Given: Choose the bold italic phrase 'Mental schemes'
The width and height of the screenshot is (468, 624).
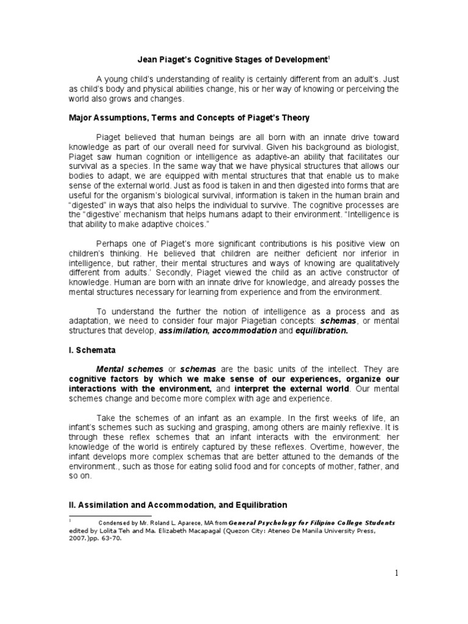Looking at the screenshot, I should coord(130,370).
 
